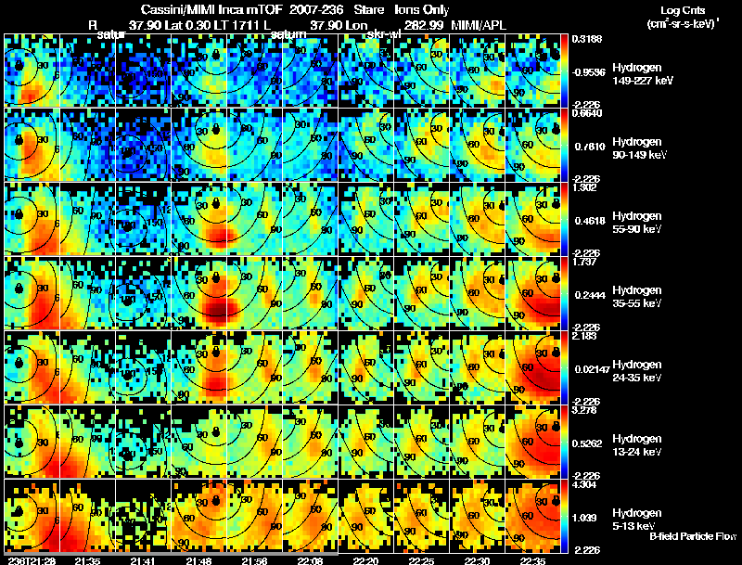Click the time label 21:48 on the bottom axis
198,560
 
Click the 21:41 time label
143,560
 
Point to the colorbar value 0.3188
585,39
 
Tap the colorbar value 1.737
584,262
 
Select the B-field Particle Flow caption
693,536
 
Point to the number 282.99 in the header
423,25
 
